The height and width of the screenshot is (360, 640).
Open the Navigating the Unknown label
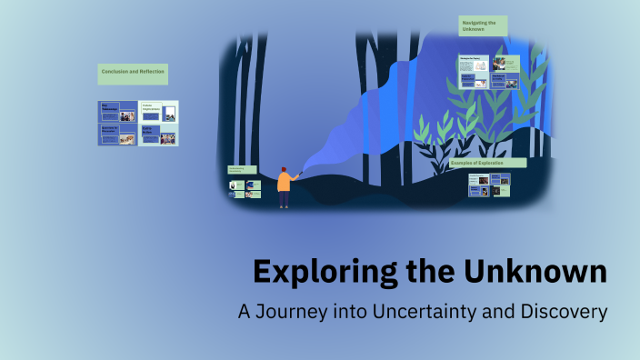pyautogui.click(x=482, y=25)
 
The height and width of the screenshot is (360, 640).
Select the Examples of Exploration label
pyautogui.click(x=487, y=163)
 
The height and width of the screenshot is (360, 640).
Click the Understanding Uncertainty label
pyautogui.click(x=243, y=170)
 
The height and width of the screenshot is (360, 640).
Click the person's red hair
pyautogui.click(x=284, y=169)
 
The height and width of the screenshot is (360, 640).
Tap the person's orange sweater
pyautogui.click(x=284, y=182)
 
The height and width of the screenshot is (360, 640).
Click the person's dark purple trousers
pyautogui.click(x=284, y=199)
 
